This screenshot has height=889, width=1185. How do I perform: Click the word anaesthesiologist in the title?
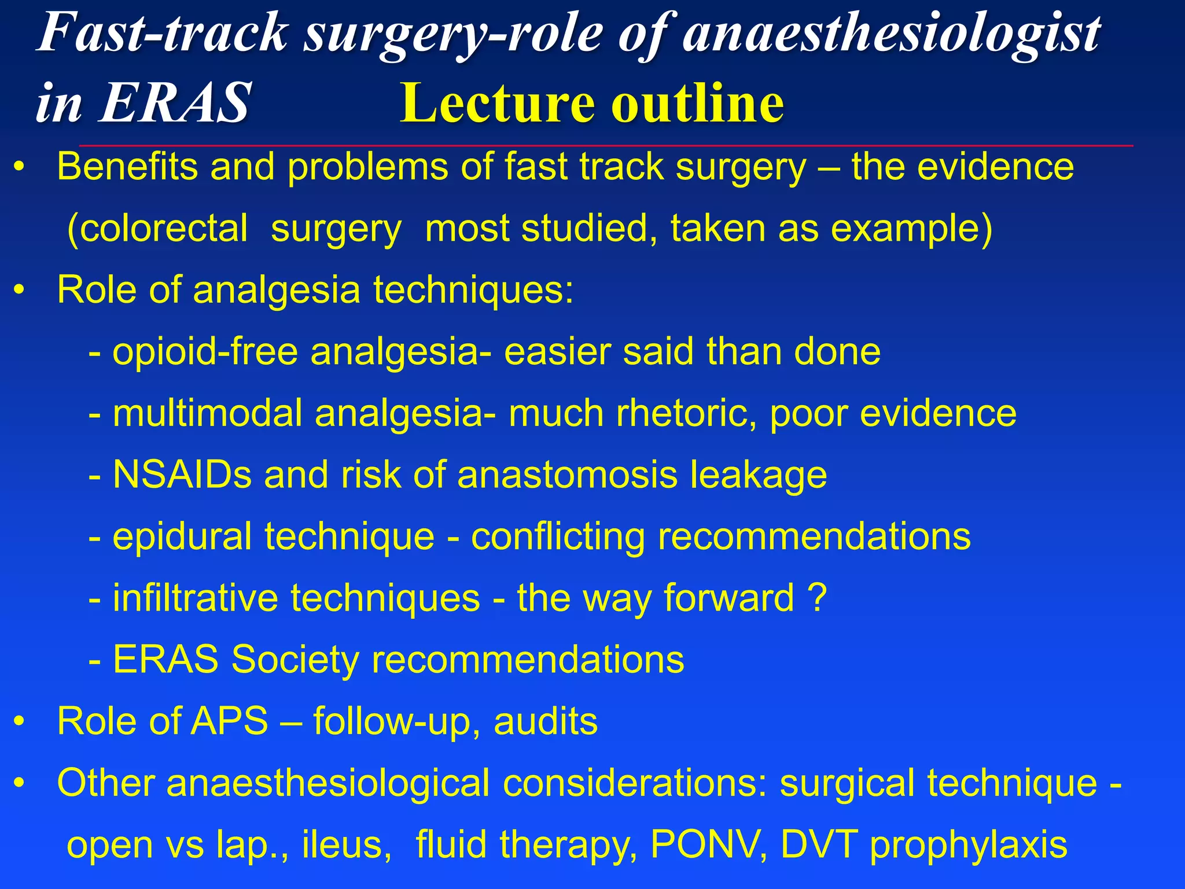pos(891,34)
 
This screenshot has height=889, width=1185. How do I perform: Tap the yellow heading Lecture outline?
pos(591,103)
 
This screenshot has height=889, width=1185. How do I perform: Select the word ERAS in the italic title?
pos(174,103)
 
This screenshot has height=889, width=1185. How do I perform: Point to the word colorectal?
pos(157,229)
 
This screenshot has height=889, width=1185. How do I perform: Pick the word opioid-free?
pos(205,352)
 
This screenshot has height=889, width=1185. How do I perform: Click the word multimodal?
pos(207,413)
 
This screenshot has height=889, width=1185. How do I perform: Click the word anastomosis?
pos(567,475)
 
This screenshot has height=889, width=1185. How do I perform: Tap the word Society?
pos(295,660)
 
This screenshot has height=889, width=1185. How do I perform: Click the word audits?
pos(545,721)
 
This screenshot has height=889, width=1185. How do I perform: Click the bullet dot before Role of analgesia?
pos(20,290)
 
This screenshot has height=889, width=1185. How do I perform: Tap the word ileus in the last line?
pos(342,844)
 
